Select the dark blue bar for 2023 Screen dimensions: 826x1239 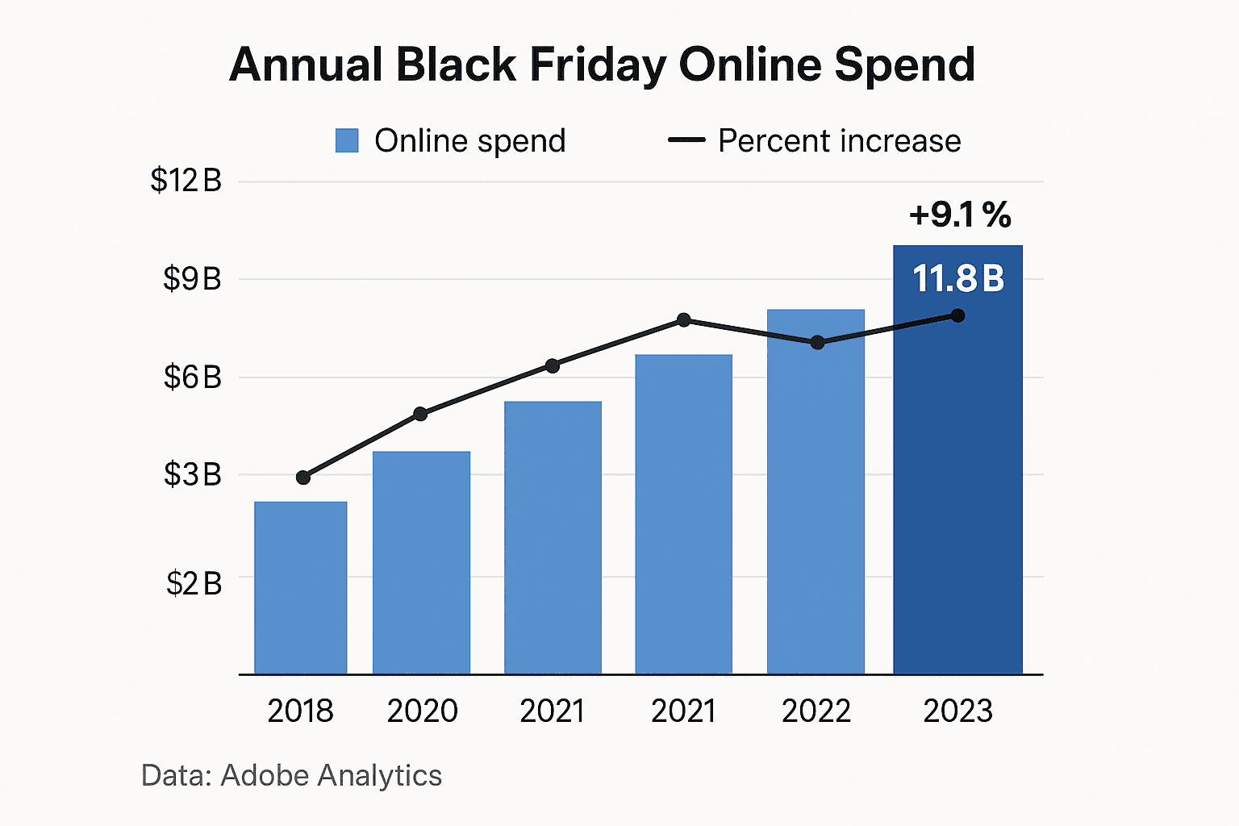click(x=957, y=484)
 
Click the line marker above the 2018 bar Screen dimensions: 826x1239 click(x=303, y=478)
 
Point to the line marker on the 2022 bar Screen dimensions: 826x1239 click(x=817, y=342)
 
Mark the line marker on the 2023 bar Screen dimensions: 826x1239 click(x=957, y=315)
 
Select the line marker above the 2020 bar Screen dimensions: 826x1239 click(x=420, y=414)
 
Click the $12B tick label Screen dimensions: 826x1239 click(x=186, y=181)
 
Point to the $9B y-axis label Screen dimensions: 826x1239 click(x=192, y=279)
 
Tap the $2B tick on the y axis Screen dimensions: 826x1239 click(x=194, y=583)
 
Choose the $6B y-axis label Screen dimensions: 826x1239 click(x=192, y=377)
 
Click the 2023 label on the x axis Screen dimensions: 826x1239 click(x=957, y=711)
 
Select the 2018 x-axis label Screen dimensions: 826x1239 click(x=300, y=711)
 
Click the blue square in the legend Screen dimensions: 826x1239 click(x=347, y=141)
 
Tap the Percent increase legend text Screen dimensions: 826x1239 click(x=839, y=141)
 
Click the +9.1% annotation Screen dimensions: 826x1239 click(x=959, y=215)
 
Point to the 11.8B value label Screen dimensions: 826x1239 click(x=958, y=279)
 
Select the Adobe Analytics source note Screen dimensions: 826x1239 click(x=291, y=775)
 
